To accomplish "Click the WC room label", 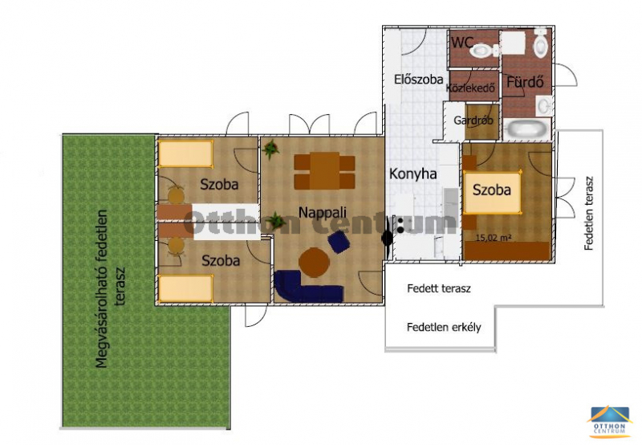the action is [x=462, y=42].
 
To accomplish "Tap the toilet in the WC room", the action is [x=484, y=51].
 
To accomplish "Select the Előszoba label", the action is [x=418, y=79].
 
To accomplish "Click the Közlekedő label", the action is [x=470, y=88].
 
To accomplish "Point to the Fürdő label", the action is [x=525, y=82].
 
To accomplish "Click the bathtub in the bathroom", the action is [x=526, y=129].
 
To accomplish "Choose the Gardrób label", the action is [x=473, y=120].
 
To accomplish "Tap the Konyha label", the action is [x=412, y=174].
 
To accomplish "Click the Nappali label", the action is [x=323, y=212].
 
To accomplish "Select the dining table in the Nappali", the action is [x=325, y=171].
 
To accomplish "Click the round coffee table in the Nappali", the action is [x=314, y=262].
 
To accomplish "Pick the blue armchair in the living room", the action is [x=339, y=242].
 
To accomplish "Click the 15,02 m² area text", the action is [x=494, y=237].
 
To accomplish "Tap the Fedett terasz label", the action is [x=439, y=288].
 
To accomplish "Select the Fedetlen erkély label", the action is [x=444, y=328].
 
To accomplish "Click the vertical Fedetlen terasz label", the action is [x=589, y=214].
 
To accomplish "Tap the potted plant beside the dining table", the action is [x=271, y=149].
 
